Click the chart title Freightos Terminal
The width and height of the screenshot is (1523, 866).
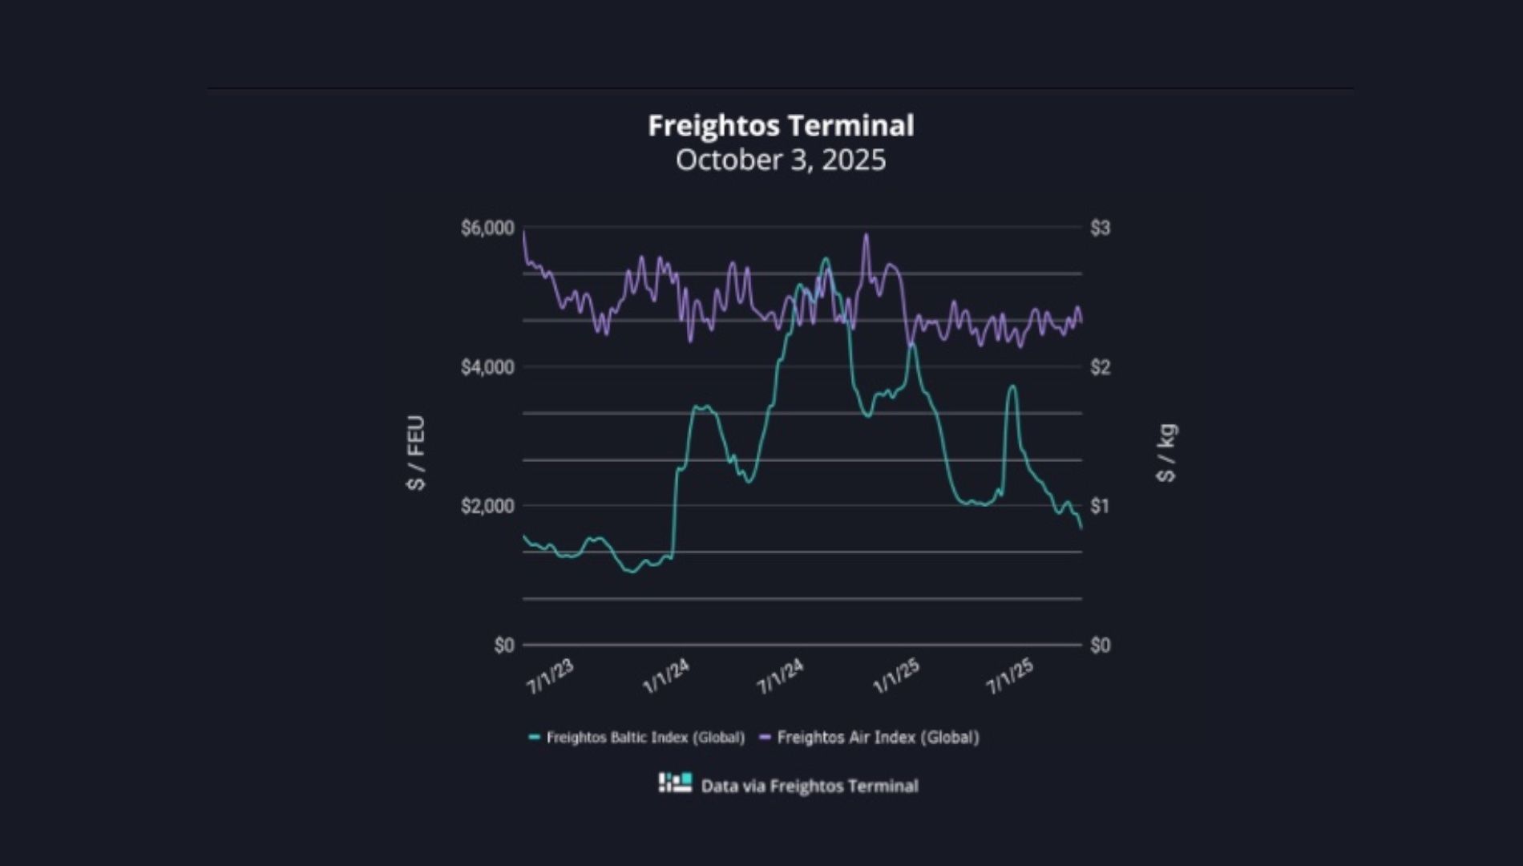click(x=781, y=126)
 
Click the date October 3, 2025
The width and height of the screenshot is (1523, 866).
click(x=781, y=160)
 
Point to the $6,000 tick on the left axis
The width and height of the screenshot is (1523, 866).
click(x=487, y=229)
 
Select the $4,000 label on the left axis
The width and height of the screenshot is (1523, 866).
click(x=487, y=368)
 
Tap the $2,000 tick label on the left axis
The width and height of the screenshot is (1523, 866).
click(x=487, y=507)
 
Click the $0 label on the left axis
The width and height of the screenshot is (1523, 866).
click(x=503, y=645)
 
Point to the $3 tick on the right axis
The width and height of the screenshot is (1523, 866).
click(x=1100, y=229)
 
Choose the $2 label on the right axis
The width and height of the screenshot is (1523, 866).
click(x=1100, y=368)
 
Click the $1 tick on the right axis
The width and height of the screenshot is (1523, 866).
click(x=1100, y=507)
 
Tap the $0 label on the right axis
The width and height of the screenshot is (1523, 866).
click(x=1100, y=645)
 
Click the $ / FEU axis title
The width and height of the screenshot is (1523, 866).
click(x=416, y=453)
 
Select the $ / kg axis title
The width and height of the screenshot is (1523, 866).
click(x=1167, y=453)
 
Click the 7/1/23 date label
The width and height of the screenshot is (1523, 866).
click(x=551, y=678)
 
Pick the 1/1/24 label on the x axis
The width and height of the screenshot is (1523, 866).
click(x=666, y=678)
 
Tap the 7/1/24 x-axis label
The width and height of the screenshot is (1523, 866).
click(x=781, y=678)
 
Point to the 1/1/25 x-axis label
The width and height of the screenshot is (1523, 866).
click(x=896, y=678)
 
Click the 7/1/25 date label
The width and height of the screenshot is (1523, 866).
click(x=1010, y=678)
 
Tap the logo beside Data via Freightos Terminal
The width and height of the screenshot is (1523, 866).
click(x=675, y=783)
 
